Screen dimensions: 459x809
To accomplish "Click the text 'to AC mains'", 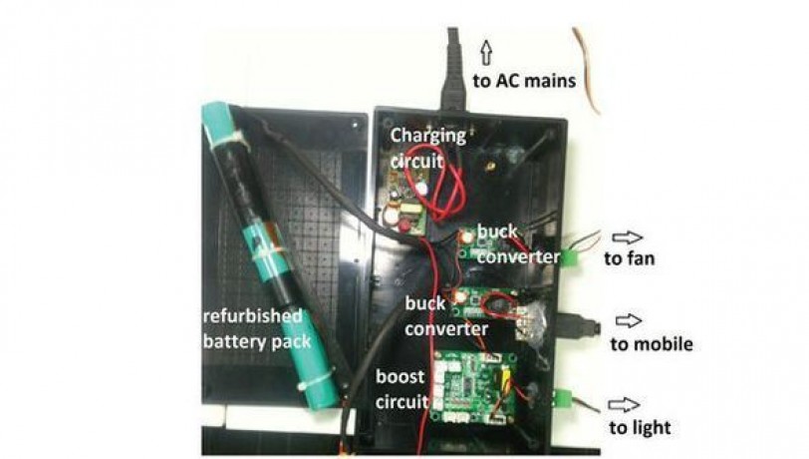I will click(x=523, y=81).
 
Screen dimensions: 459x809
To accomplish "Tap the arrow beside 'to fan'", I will click(x=628, y=238).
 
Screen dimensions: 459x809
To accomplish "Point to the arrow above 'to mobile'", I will click(x=628, y=321).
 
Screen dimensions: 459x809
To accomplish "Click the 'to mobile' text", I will click(x=649, y=345).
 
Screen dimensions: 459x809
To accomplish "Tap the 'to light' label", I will click(x=639, y=428).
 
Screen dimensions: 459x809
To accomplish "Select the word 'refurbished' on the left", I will click(x=254, y=318).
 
